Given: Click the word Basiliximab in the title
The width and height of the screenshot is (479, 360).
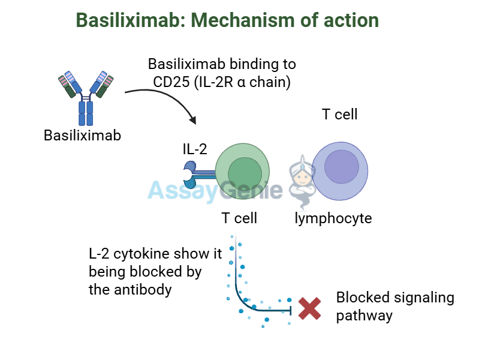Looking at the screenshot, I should (x=124, y=20).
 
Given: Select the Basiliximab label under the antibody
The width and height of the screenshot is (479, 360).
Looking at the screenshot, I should (x=82, y=136).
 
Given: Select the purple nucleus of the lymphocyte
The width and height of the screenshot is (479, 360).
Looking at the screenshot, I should (x=341, y=166).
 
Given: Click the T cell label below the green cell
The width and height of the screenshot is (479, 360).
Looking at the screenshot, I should (x=239, y=218).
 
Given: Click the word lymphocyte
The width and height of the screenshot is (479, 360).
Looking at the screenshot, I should (x=333, y=218).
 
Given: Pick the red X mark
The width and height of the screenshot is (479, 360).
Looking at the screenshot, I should (x=310, y=308).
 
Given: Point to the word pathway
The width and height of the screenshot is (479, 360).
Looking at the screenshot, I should (x=364, y=316).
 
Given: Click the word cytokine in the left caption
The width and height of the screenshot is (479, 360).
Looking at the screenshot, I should (x=135, y=253).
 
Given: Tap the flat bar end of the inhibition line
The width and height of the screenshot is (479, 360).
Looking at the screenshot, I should (x=291, y=309).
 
